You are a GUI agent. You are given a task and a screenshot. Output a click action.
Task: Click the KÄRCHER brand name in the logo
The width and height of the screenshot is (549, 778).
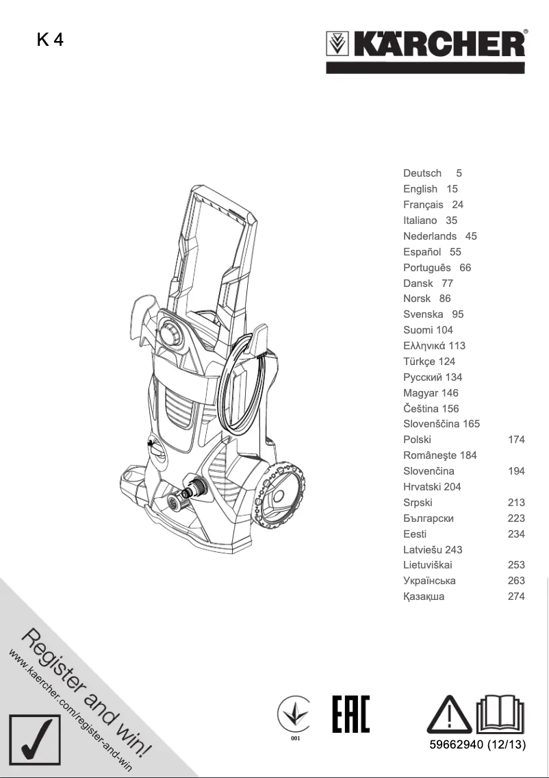[439, 46]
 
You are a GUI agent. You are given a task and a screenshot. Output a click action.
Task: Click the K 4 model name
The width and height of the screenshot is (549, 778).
[50, 40]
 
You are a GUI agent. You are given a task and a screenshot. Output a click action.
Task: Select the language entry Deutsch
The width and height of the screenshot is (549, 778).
[422, 173]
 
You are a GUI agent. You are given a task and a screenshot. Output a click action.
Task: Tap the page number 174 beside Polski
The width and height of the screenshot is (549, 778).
[516, 440]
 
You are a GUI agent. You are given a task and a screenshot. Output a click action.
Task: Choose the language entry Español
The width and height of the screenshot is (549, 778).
[422, 252]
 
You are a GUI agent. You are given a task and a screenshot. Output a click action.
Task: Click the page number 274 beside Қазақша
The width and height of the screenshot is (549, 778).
[516, 597]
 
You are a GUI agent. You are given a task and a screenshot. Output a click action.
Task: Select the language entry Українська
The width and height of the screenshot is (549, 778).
[429, 581]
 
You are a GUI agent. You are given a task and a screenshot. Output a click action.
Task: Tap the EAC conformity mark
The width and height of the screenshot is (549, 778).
[350, 714]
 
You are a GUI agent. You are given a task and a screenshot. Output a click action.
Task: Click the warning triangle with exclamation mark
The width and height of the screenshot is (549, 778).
[448, 715]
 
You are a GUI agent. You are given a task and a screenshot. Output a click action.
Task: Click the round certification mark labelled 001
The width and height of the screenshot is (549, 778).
[295, 716]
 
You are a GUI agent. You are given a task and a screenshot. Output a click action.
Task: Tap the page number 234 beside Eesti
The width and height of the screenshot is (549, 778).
[516, 534]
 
